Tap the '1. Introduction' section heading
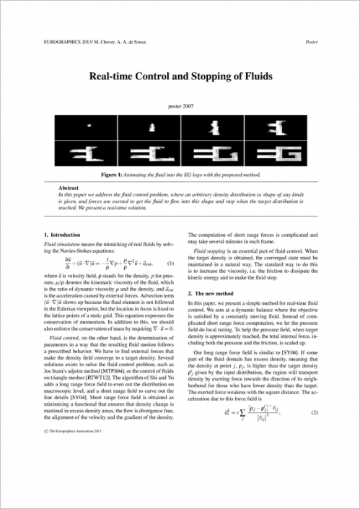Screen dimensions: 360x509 coord(63,235)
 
